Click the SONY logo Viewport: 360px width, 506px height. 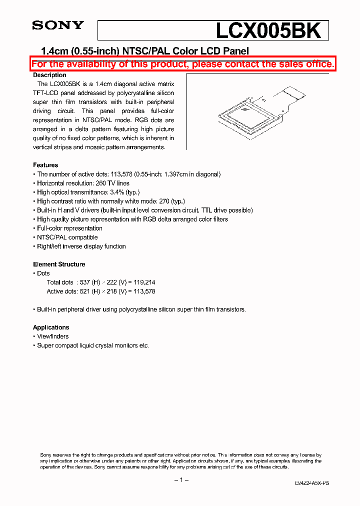58,26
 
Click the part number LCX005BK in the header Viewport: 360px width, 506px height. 268,31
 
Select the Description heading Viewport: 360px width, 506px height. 49,75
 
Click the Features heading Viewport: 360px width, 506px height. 45,165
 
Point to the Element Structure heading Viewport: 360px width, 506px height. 59,264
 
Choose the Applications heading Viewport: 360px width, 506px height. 51,327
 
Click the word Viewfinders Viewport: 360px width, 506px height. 53,336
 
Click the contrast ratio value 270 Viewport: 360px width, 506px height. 163,201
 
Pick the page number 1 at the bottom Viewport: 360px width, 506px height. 181,480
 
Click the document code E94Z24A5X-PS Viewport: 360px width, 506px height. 312,483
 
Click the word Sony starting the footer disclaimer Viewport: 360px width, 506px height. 46,454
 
